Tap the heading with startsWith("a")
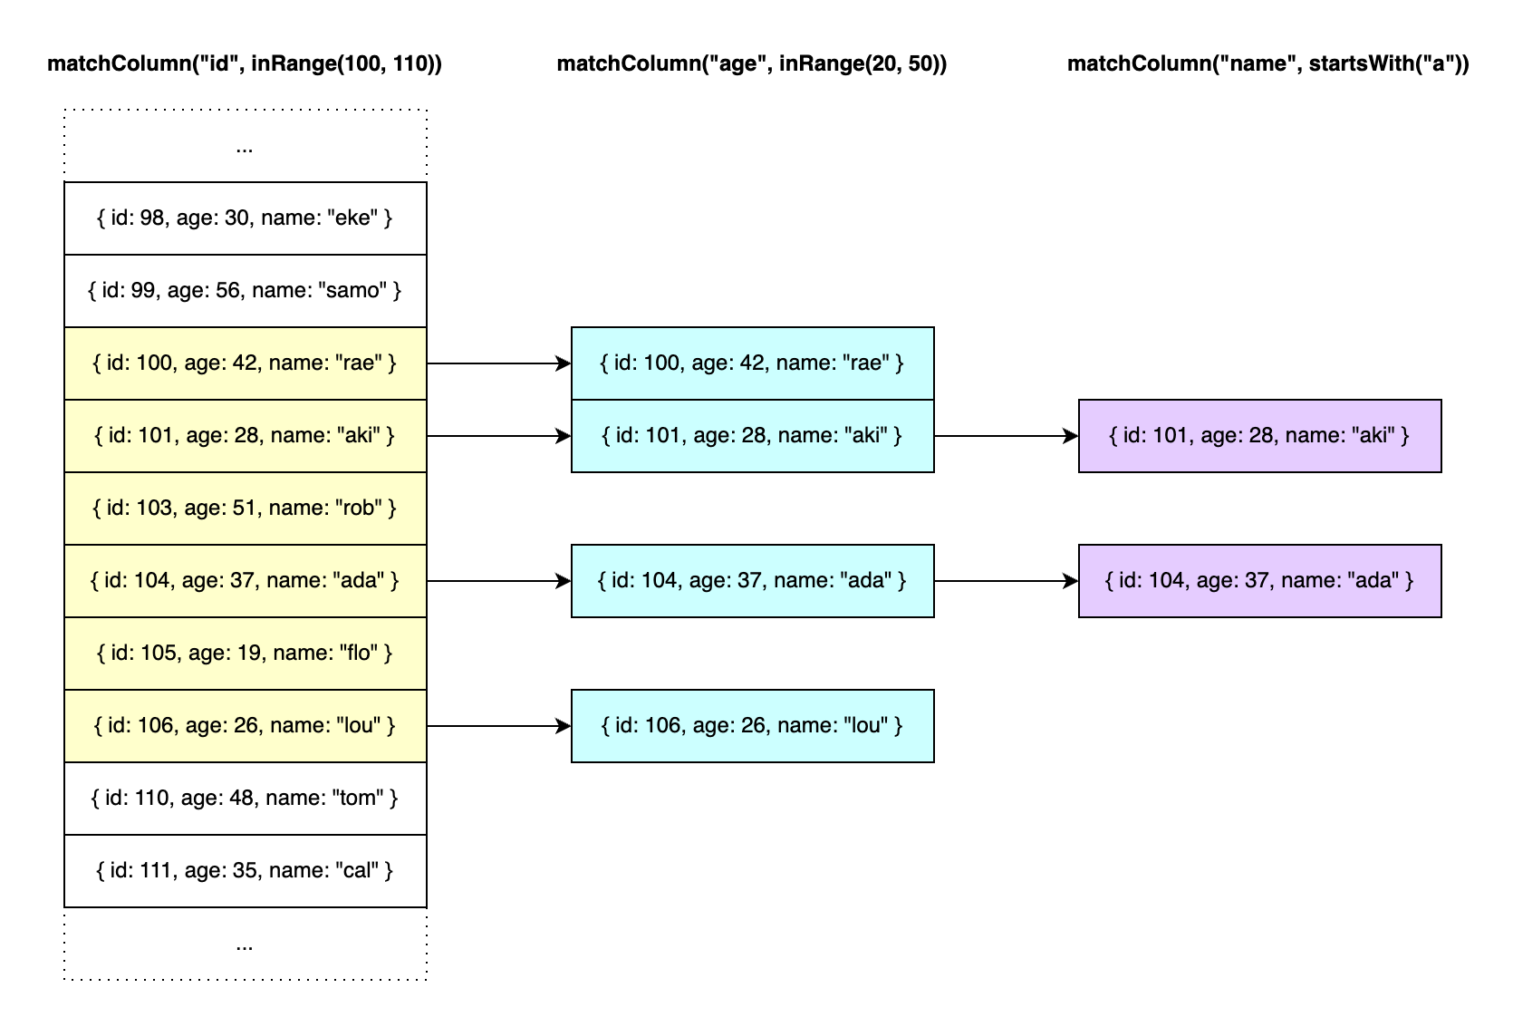(1267, 63)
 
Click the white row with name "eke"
(245, 218)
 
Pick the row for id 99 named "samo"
(245, 291)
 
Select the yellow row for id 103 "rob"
(245, 508)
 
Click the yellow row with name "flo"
(245, 654)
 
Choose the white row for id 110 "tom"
(245, 799)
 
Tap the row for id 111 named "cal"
(245, 871)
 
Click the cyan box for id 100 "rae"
(752, 363)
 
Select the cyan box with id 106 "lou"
(752, 726)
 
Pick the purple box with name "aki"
(1259, 436)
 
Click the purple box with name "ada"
(1259, 581)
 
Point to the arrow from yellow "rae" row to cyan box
(498, 363)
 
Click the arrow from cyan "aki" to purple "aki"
(1006, 436)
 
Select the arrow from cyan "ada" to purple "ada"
(1006, 581)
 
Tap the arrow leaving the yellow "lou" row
(498, 726)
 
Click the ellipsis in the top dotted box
(245, 149)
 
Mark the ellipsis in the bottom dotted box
(245, 946)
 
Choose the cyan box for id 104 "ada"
(752, 581)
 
